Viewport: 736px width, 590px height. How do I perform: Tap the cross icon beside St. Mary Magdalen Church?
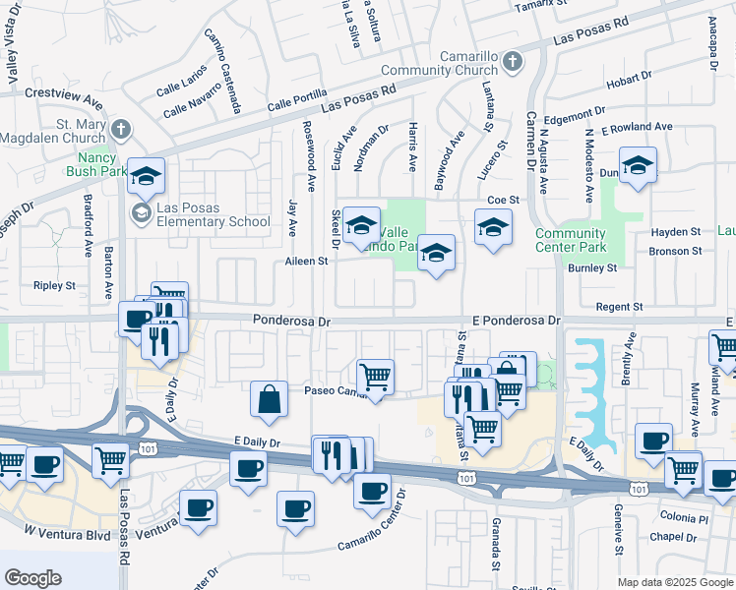[120, 129]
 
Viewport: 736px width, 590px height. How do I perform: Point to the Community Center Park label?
[571, 240]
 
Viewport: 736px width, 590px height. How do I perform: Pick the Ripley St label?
[54, 286]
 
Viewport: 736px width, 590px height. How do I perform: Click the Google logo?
[32, 578]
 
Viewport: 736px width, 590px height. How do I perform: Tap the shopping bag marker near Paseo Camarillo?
[269, 398]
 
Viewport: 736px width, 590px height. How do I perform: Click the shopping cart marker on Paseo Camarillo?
[375, 376]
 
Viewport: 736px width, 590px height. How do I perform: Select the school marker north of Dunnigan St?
[638, 165]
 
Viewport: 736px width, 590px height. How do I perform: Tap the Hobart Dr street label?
[629, 84]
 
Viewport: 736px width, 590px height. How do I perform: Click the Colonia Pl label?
[684, 518]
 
